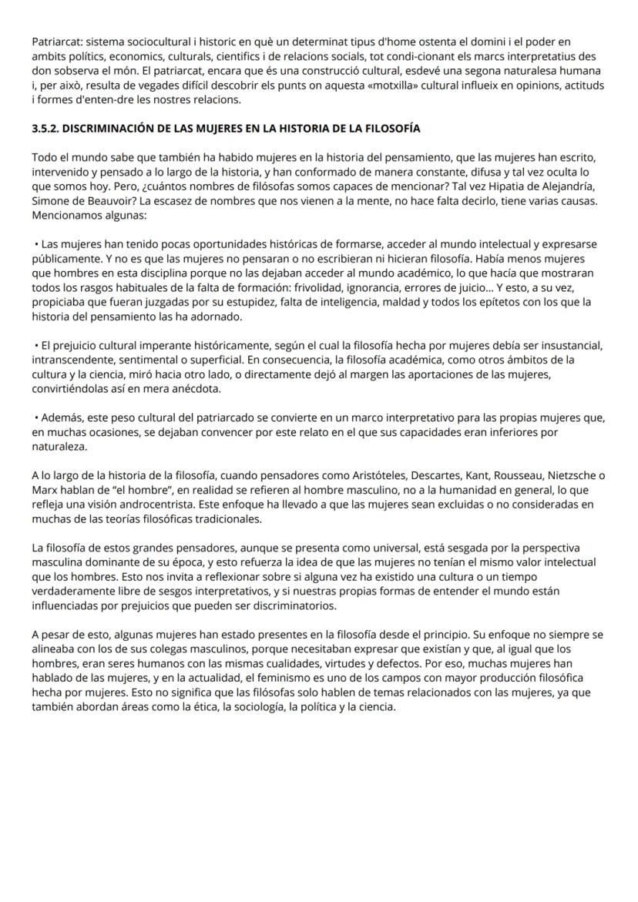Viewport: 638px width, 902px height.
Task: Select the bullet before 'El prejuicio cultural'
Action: tap(35, 346)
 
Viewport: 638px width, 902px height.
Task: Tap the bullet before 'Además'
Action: tap(35, 418)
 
